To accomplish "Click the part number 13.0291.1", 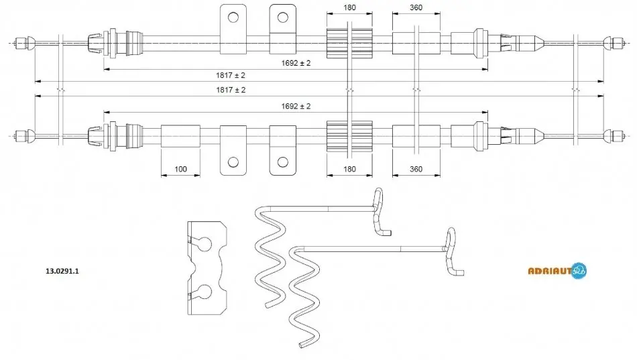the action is [x=62, y=271].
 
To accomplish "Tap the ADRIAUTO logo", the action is [x=557, y=270].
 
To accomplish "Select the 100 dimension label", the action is [x=180, y=169].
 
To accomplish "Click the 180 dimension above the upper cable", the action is [x=349, y=7].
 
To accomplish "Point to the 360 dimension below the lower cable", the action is [x=416, y=169].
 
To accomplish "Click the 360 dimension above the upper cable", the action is [x=416, y=7].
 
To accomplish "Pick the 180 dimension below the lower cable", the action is [x=349, y=169].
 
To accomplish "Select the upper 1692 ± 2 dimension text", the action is [x=296, y=63].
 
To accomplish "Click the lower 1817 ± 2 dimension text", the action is [x=231, y=90].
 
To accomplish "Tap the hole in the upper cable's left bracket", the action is [x=233, y=17].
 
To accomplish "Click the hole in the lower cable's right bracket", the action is [x=283, y=162].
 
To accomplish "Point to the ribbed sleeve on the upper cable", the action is [x=349, y=43].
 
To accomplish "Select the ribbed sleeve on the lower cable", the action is [x=349, y=136].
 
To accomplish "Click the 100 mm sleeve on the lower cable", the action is [x=180, y=136].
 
